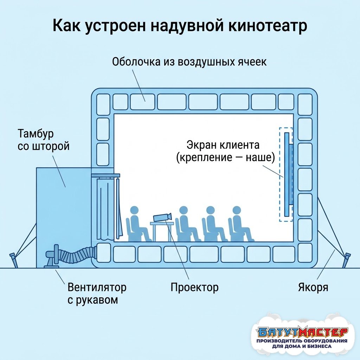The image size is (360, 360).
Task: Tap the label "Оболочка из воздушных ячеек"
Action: pyautogui.click(x=189, y=62)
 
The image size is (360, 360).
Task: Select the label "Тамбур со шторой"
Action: pyautogui.click(x=43, y=140)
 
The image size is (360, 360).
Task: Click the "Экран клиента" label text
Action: pyautogui.click(x=223, y=145)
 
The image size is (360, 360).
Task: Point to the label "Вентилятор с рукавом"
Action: pyautogui.click(x=97, y=294)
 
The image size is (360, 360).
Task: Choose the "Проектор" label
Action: pyautogui.click(x=194, y=288)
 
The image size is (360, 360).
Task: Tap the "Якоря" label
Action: pyautogui.click(x=313, y=288)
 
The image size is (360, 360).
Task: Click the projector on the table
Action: pyautogui.click(x=162, y=217)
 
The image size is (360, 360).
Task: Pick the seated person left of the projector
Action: pyautogui.click(x=138, y=224)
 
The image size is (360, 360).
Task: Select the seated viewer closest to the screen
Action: pyautogui.click(x=240, y=224)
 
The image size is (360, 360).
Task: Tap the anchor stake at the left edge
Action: pyautogui.click(x=13, y=260)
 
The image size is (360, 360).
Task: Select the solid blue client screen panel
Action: pyautogui.click(x=287, y=174)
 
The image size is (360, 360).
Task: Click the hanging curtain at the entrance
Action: pyautogui.click(x=105, y=209)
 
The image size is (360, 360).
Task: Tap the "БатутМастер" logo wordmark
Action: pyautogui.click(x=302, y=331)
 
